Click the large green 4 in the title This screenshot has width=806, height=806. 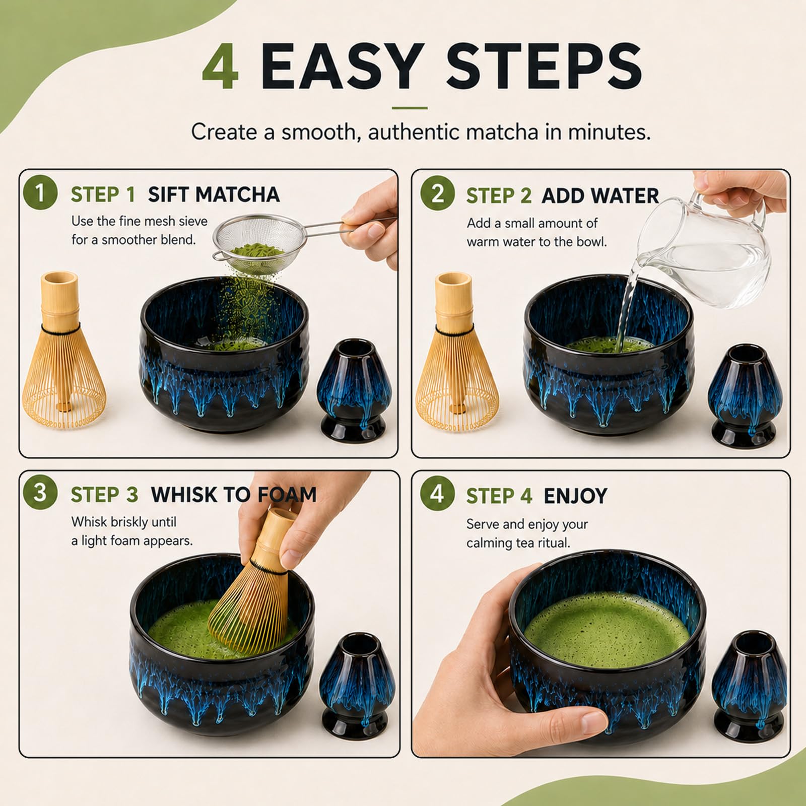pos(220,66)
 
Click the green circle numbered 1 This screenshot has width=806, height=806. pos(40,192)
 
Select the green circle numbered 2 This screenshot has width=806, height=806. pos(438,193)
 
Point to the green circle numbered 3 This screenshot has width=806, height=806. pos(40,492)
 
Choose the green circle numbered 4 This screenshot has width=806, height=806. pos(437,493)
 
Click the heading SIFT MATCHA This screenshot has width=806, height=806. pos(214,194)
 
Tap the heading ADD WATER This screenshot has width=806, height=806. pos(600,196)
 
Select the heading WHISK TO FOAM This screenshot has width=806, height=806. pos(234,495)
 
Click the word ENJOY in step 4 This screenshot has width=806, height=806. pos(575,496)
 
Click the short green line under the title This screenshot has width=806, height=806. pos(410,108)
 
